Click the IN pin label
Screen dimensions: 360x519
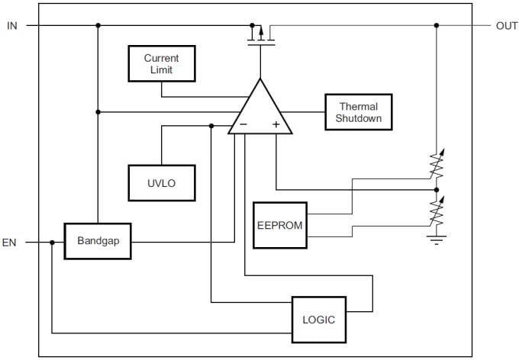coord(11,25)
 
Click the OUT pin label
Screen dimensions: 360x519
coord(507,25)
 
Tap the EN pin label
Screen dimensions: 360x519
coord(9,243)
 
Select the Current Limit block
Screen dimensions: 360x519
coord(161,64)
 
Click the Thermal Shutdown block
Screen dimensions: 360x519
coord(358,113)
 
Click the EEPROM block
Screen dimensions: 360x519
coord(279,225)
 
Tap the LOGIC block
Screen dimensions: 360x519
coord(318,320)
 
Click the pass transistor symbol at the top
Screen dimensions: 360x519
coord(260,35)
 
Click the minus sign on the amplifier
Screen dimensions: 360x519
coord(243,124)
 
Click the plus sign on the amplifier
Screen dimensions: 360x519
coord(276,124)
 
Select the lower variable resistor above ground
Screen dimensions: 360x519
coord(437,212)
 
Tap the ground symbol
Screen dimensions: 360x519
coord(437,239)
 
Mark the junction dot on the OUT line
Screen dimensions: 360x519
coord(437,25)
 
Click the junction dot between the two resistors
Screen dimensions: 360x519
coord(437,189)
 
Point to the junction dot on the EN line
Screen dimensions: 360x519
coord(52,243)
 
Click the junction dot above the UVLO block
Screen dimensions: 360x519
coord(211,126)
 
